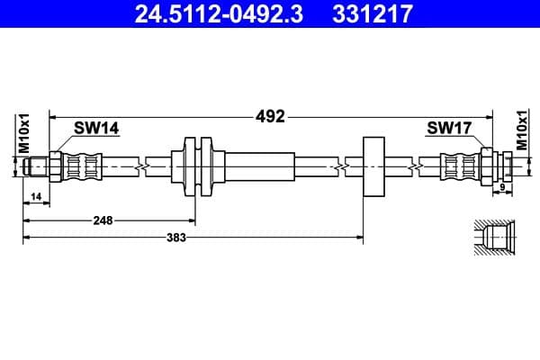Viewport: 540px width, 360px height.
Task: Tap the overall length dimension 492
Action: tap(270, 116)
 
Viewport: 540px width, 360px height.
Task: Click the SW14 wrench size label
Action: tap(96, 129)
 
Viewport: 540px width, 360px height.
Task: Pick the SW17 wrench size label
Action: tap(449, 129)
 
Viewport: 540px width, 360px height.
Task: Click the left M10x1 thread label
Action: tap(25, 133)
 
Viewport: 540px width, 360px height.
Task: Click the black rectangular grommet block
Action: tap(373, 166)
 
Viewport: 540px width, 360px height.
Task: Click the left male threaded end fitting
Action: tap(36, 166)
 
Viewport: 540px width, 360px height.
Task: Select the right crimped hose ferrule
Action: tap(459, 166)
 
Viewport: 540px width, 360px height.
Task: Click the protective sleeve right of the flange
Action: tap(259, 166)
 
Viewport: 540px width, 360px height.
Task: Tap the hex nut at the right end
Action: tap(487, 166)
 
